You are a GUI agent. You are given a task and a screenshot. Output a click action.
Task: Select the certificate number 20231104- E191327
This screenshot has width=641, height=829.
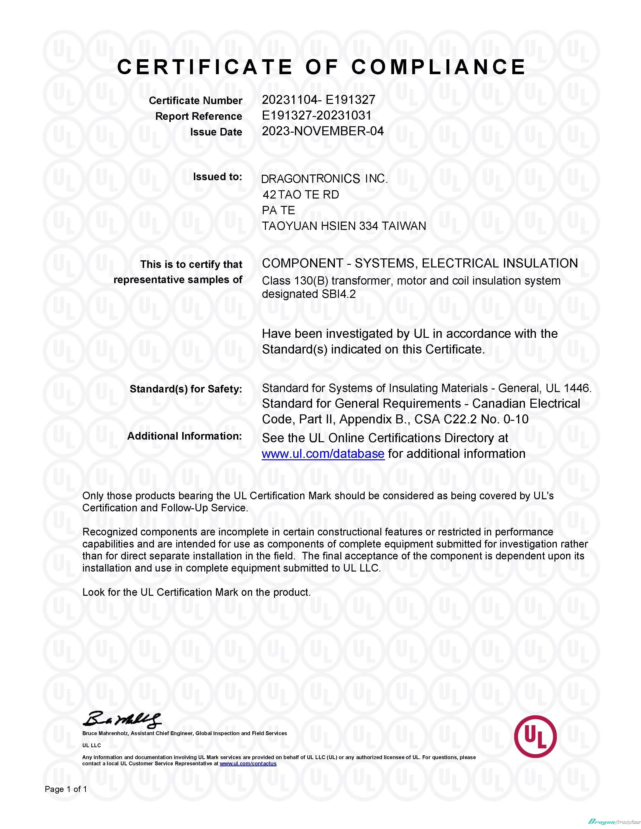pyautogui.click(x=318, y=100)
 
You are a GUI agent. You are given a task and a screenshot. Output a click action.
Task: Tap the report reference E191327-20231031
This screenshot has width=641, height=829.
pyautogui.click(x=316, y=115)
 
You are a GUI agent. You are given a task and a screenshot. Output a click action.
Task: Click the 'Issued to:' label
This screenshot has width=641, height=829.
pyautogui.click(x=217, y=177)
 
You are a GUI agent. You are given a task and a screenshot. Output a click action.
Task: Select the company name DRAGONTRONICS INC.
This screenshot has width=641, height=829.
pyautogui.click(x=324, y=179)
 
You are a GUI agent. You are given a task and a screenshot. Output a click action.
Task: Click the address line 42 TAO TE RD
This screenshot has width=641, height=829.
pyautogui.click(x=300, y=195)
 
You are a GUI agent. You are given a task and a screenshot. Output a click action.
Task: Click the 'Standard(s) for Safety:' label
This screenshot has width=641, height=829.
pyautogui.click(x=186, y=389)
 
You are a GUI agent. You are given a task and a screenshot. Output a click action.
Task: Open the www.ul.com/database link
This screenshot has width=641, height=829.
pyautogui.click(x=323, y=454)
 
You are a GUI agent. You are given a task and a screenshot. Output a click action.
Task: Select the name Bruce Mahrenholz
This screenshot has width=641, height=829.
pyautogui.click(x=105, y=733)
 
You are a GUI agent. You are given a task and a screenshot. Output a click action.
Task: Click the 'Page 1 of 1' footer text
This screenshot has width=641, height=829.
pyautogui.click(x=66, y=789)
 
